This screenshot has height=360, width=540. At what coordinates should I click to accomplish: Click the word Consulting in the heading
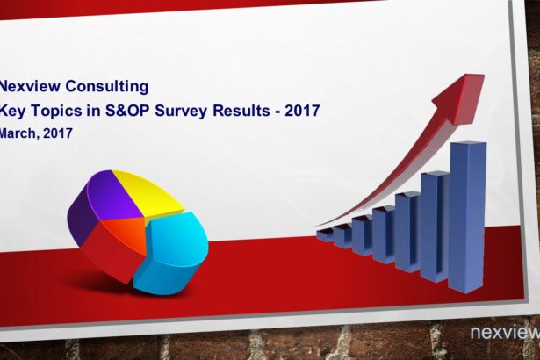pos(107,86)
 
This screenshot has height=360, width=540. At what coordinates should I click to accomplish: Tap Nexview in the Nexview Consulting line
pos(30,86)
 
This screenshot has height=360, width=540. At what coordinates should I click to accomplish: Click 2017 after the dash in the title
pos(302,111)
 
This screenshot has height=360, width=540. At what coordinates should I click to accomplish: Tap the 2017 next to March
pos(58,133)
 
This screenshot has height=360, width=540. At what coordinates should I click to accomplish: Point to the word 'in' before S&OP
pos(94,111)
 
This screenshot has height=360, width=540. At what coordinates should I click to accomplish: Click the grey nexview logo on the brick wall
pos(505,333)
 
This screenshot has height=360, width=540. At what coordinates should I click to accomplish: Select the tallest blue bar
pos(467,216)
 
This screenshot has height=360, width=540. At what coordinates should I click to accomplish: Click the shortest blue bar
pos(324,235)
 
